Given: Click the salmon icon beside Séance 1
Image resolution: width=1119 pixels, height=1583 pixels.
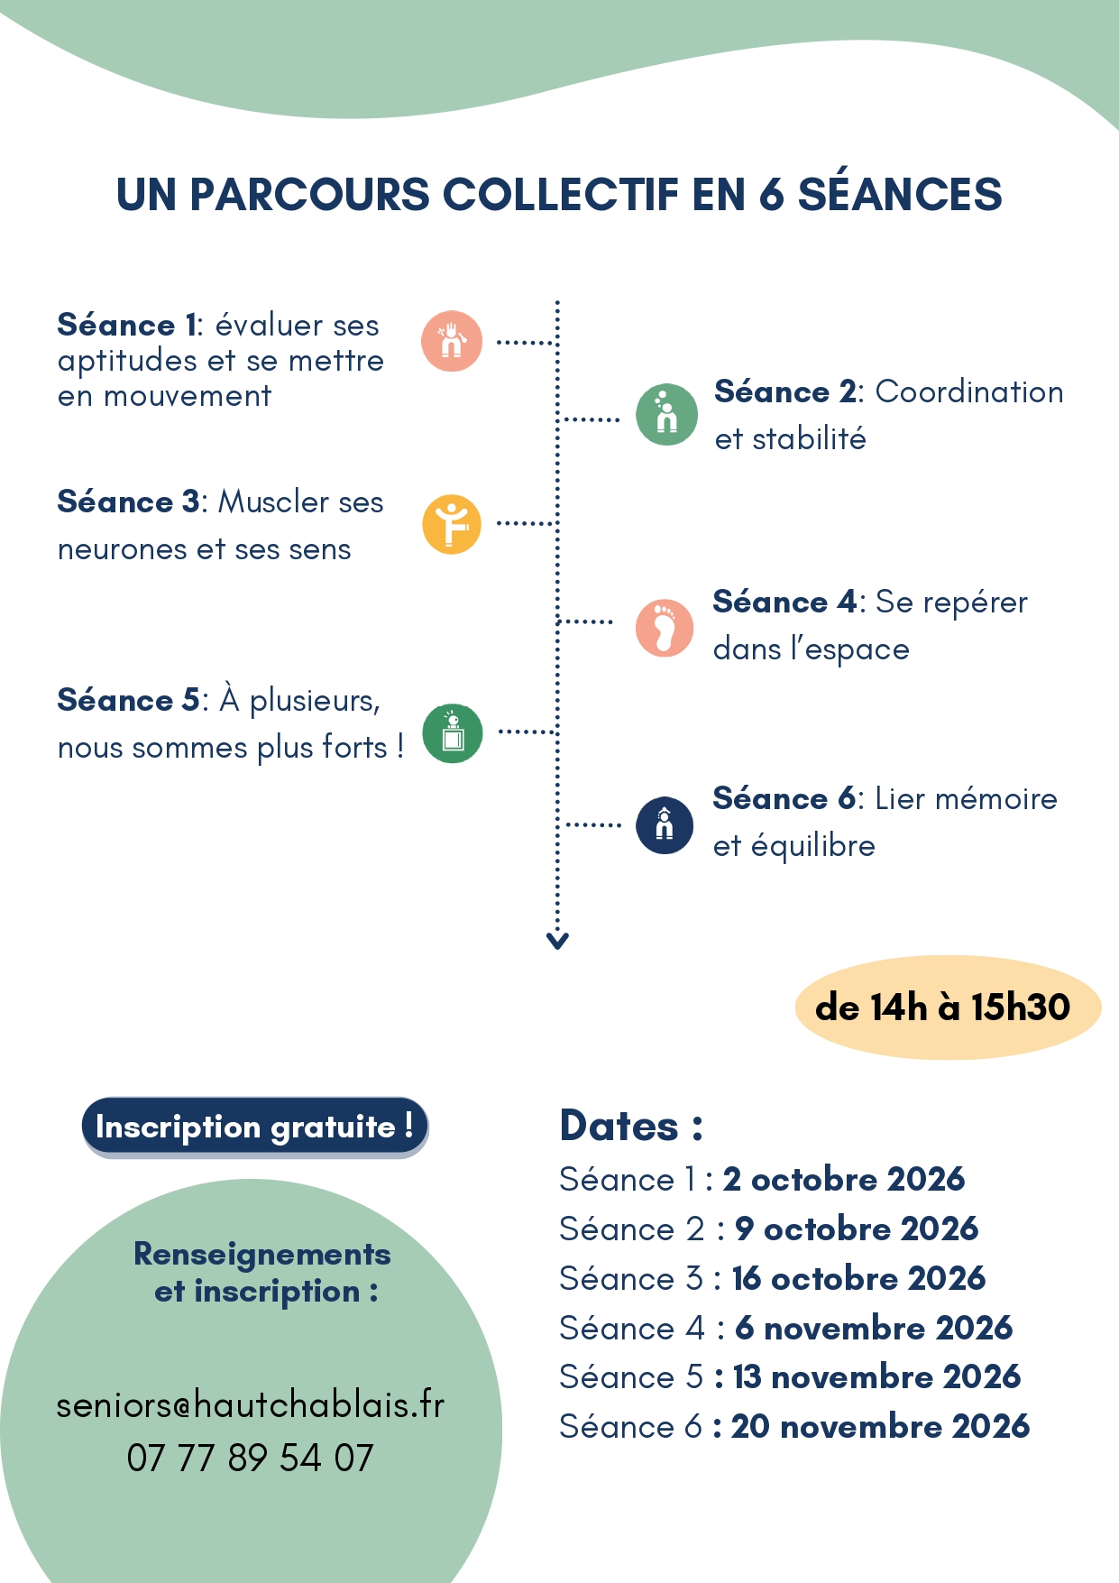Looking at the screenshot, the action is tap(452, 341).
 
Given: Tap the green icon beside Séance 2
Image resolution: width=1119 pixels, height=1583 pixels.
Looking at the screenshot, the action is tap(666, 415).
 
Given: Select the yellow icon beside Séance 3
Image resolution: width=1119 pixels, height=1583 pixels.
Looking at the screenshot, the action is tap(452, 524).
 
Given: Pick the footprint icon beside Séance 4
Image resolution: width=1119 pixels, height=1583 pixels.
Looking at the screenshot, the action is tap(665, 628).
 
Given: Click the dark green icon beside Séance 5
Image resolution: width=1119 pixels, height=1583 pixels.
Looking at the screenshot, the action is tap(453, 733).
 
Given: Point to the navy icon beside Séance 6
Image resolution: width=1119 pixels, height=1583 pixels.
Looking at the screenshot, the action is tap(665, 824).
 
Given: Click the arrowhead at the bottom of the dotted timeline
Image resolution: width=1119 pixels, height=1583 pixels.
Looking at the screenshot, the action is tap(557, 941).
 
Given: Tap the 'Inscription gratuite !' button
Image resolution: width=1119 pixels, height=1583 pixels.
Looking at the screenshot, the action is tap(255, 1127).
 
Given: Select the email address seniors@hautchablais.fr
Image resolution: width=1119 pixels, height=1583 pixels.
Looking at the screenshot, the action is tap(250, 1404).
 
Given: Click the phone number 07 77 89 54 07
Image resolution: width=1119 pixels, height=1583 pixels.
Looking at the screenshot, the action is tap(250, 1458).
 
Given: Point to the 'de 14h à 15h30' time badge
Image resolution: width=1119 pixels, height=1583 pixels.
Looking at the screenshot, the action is tap(948, 1007).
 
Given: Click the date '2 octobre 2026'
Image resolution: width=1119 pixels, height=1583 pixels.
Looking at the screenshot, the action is tap(844, 1179).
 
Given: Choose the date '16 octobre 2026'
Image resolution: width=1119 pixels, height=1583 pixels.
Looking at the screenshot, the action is tap(858, 1278).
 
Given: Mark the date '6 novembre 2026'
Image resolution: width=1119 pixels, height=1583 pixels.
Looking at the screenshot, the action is tap(874, 1328).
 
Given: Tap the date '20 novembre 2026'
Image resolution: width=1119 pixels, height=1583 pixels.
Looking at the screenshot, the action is tap(880, 1426).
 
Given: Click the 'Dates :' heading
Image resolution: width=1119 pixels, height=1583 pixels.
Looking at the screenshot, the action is tap(631, 1126).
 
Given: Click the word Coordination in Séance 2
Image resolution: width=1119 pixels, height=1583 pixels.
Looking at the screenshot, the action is tap(969, 391).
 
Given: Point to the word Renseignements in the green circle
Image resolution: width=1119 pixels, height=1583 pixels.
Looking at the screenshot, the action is tap(262, 1254).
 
